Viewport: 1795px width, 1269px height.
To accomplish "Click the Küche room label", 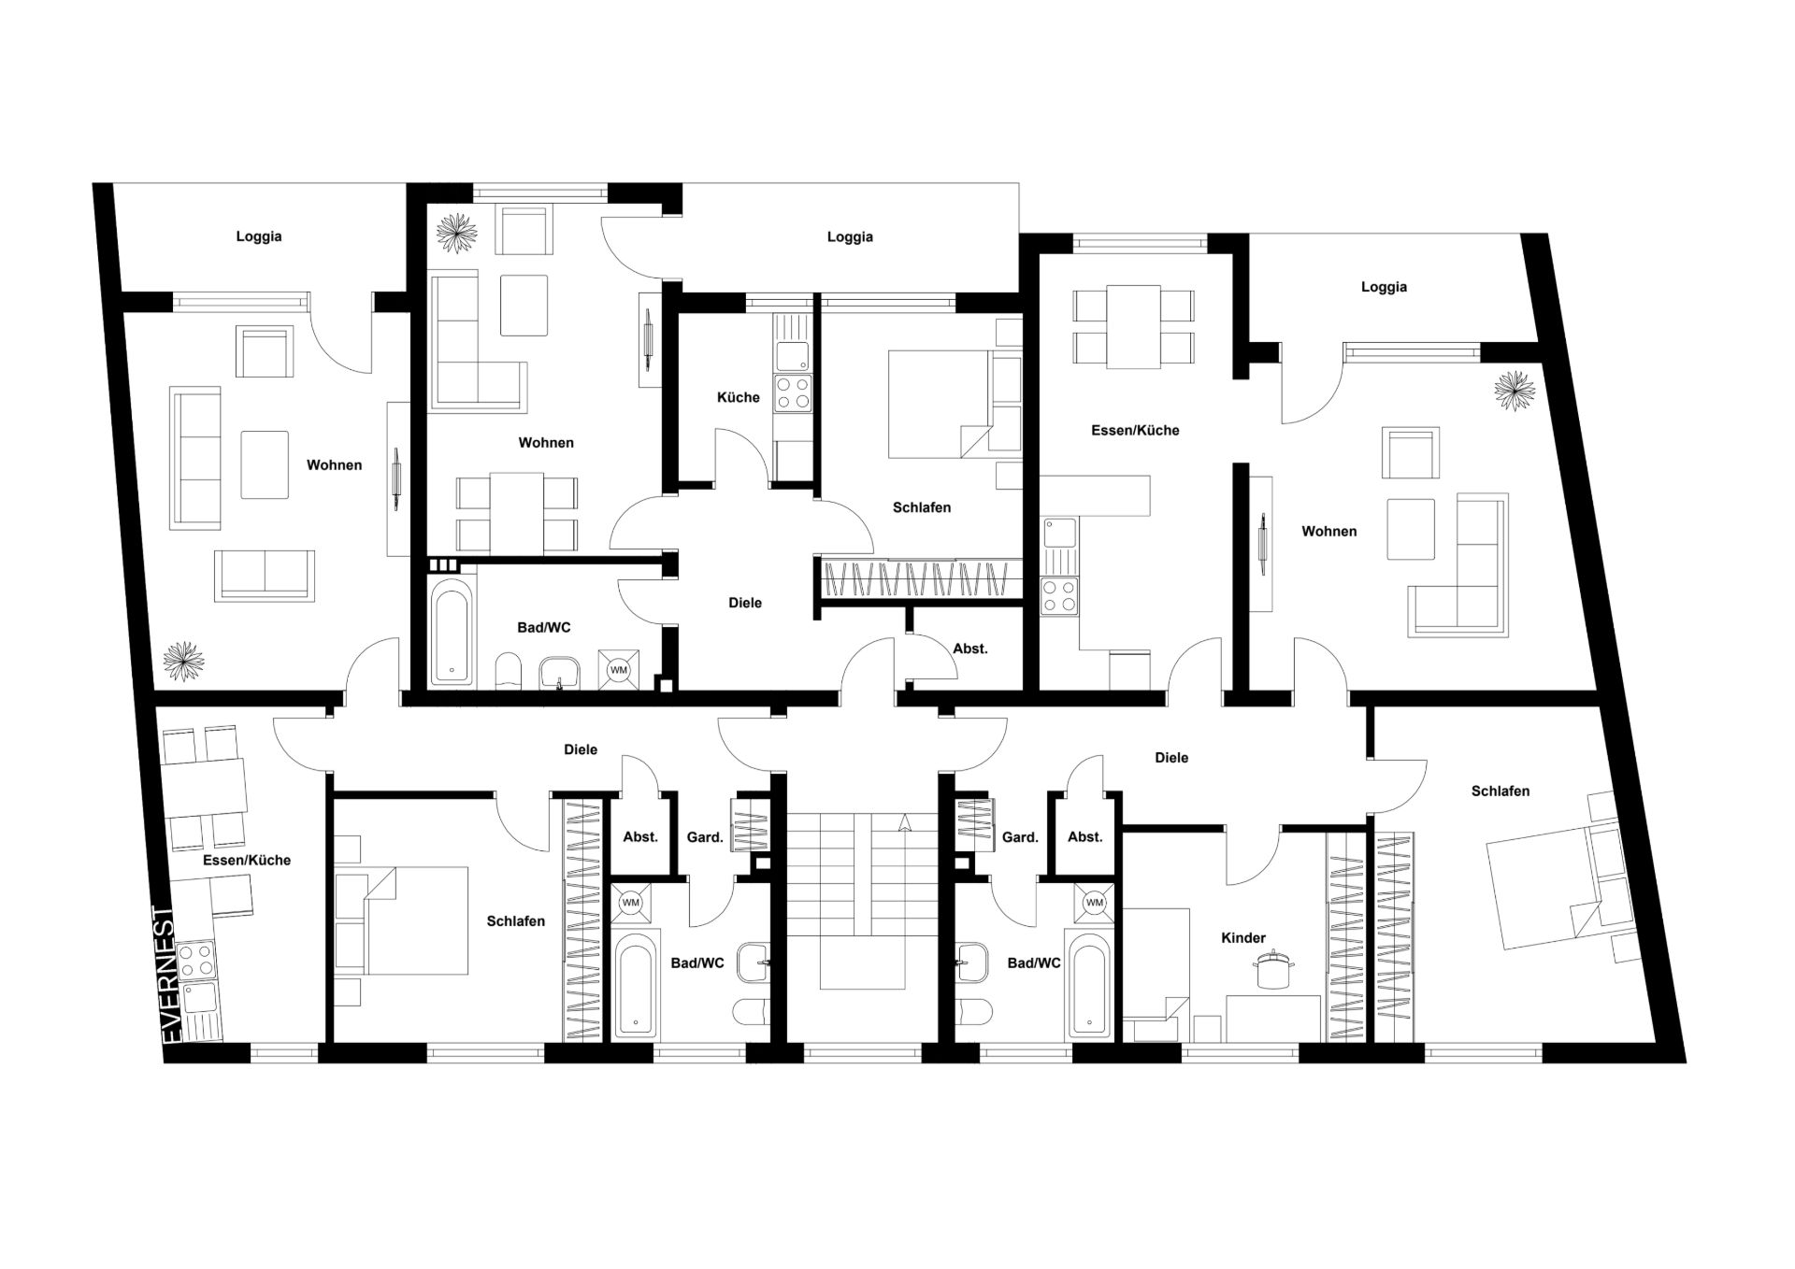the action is click(x=738, y=397).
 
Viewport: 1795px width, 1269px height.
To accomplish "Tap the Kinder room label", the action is click(x=1243, y=937).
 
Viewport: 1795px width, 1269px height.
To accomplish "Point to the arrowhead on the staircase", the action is click(x=904, y=822).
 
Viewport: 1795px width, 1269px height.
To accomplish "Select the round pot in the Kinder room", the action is click(x=1270, y=968).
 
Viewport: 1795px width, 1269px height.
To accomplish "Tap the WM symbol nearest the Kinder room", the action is click(x=1095, y=903).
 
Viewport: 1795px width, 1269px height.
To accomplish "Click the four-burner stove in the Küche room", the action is click(x=793, y=392).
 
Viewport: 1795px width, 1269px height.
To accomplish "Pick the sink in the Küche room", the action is click(x=793, y=355).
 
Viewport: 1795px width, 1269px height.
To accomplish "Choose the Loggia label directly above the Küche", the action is click(x=850, y=237).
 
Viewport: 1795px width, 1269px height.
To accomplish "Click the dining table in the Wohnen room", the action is click(x=517, y=512).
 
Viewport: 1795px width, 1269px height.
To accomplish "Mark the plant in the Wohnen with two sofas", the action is click(x=183, y=661).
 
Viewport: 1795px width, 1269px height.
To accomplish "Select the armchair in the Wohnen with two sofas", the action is click(x=265, y=351).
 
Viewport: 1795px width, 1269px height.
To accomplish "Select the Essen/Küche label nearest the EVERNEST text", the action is click(x=247, y=860).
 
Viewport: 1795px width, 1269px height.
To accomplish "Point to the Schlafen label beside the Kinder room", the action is click(x=1501, y=791).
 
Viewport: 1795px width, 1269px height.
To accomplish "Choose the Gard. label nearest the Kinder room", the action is click(x=1020, y=837).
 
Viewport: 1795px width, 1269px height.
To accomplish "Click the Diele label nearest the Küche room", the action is click(x=745, y=603).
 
